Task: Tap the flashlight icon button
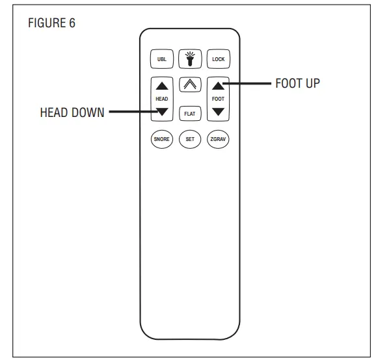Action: [x=190, y=59]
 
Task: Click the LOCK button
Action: [x=218, y=59]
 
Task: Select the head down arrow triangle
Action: [x=162, y=112]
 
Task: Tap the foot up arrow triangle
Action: [x=218, y=86]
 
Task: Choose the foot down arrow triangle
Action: [x=218, y=112]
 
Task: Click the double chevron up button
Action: [x=190, y=84]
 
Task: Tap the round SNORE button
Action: [x=162, y=139]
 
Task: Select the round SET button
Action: [x=190, y=139]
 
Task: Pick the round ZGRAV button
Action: [x=218, y=139]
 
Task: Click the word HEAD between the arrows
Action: [x=162, y=99]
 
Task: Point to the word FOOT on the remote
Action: [x=218, y=99]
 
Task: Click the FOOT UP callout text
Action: [x=297, y=83]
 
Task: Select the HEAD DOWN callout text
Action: [x=72, y=112]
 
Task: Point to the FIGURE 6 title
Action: [x=52, y=23]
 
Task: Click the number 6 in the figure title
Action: [x=72, y=23]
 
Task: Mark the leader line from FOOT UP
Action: [x=247, y=84]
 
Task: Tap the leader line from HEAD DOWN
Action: [x=133, y=112]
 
